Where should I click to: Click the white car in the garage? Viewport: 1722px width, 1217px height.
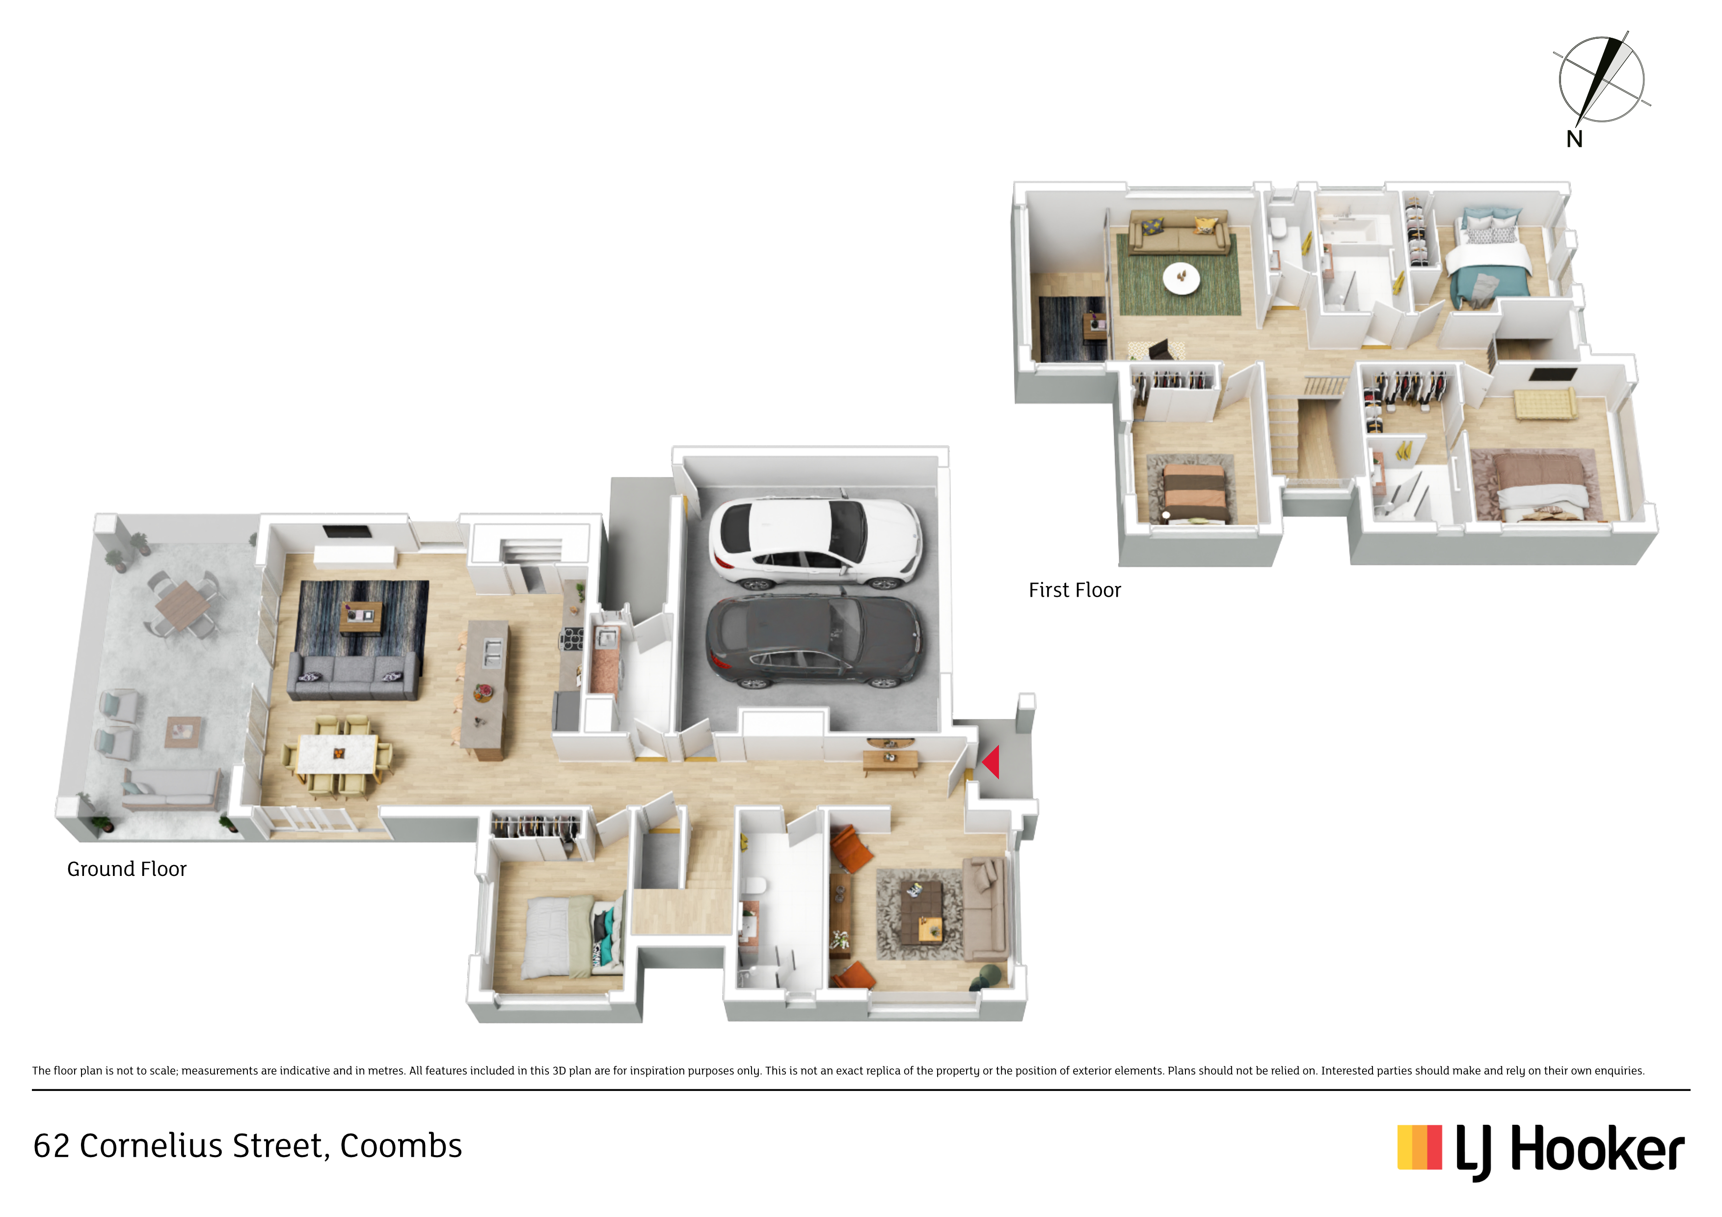[x=816, y=543]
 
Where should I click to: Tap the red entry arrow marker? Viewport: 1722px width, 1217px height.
[x=991, y=762]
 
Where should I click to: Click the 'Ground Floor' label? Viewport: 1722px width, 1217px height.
[x=127, y=869]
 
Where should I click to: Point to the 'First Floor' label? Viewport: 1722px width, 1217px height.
[x=1075, y=590]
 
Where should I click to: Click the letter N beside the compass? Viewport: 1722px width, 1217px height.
[x=1574, y=139]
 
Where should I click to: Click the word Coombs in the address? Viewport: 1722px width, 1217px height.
[x=401, y=1146]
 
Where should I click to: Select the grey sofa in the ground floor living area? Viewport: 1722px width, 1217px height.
[x=352, y=676]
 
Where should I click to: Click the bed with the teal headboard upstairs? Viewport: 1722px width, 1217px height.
[x=1489, y=259]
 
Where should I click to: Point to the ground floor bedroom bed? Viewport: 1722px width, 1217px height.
[x=574, y=937]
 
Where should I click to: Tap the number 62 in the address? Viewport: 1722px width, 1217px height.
[x=52, y=1146]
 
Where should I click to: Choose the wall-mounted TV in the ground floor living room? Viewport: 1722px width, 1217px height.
[x=347, y=531]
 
